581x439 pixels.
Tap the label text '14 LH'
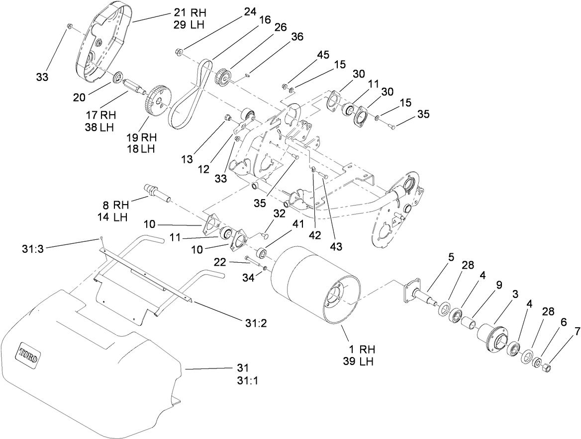113,217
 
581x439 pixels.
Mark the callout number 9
498,285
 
